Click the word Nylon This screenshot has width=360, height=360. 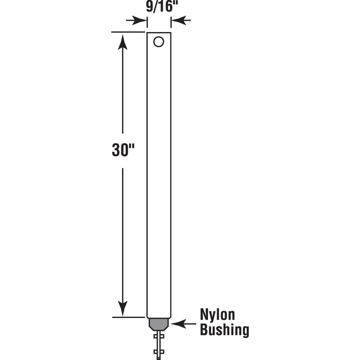tap(217, 315)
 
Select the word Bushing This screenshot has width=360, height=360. tap(224, 330)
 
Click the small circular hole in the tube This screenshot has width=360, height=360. tap(158, 42)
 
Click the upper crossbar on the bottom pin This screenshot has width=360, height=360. tap(159, 336)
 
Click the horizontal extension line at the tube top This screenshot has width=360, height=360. tap(128, 32)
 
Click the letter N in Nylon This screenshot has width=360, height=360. tap(204, 315)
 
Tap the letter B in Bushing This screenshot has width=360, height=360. tap(204, 330)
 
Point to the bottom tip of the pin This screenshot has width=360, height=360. tap(159, 358)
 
